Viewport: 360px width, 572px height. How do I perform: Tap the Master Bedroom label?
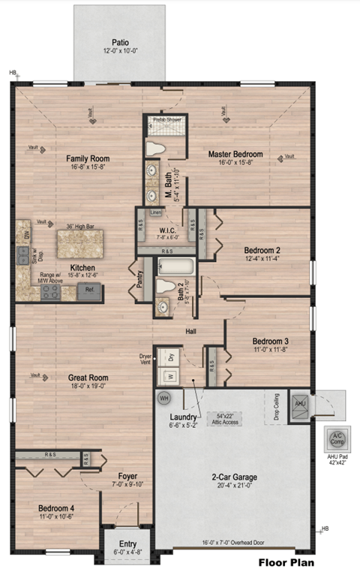pos(237,155)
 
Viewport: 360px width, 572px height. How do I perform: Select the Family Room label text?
pos(88,158)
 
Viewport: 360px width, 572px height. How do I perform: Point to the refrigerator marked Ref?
pos(89,289)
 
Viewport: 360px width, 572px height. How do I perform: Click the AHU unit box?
pos(299,402)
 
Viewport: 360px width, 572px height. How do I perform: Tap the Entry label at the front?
pos(118,540)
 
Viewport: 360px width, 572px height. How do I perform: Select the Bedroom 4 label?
pos(56,508)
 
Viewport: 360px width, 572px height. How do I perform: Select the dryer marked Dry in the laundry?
pos(170,358)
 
